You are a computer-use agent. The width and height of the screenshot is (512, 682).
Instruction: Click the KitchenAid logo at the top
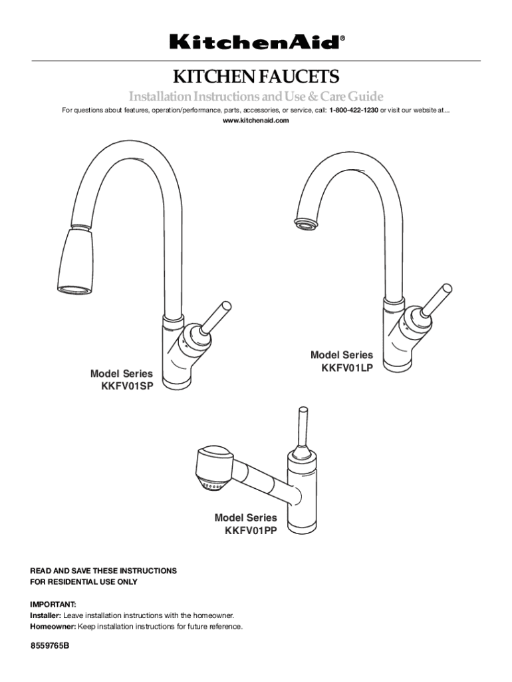pos(257,42)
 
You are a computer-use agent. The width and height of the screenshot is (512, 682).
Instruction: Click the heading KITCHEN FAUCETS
pos(256,77)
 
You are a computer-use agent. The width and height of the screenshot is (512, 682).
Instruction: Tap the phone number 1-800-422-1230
pos(354,110)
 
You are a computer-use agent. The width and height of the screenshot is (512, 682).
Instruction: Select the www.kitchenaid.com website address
pos(256,121)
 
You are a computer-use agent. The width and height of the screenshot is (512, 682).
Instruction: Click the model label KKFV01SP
pos(127,386)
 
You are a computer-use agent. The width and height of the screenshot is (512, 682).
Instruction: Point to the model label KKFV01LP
pos(347,368)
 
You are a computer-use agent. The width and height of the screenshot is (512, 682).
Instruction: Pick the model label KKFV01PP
pos(251,531)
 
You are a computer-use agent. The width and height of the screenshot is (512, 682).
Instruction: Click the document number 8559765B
pos(49,645)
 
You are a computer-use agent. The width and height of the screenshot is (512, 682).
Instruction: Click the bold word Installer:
pos(46,615)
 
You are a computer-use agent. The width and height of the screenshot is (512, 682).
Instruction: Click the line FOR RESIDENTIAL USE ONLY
pos(83,581)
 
